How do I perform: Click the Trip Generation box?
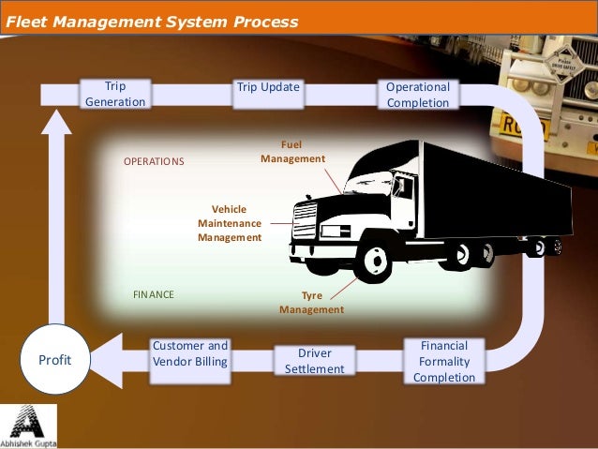coord(115,95)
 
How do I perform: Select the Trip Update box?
coord(268,88)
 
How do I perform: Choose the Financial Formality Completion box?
coord(444,362)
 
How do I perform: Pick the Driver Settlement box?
coord(314,361)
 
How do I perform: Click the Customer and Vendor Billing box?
coord(190,353)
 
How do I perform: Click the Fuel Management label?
coord(292,153)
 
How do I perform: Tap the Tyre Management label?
coord(311,302)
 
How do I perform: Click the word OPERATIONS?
coord(155,161)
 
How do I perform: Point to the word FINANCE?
coord(153,294)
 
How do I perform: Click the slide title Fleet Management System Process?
coord(152,21)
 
